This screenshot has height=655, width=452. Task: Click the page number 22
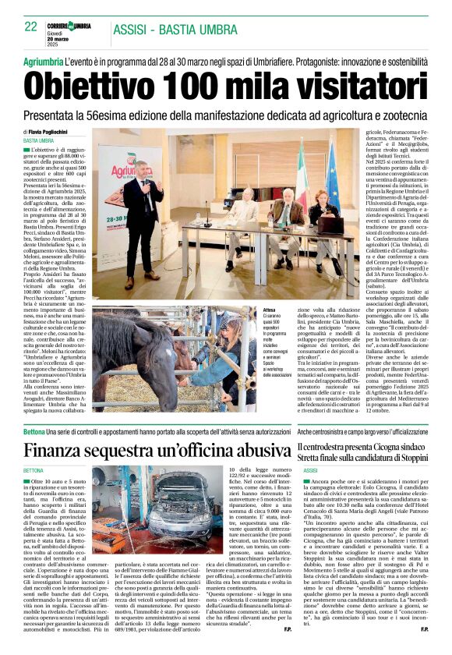30,27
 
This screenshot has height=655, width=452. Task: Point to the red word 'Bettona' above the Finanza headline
34,431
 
